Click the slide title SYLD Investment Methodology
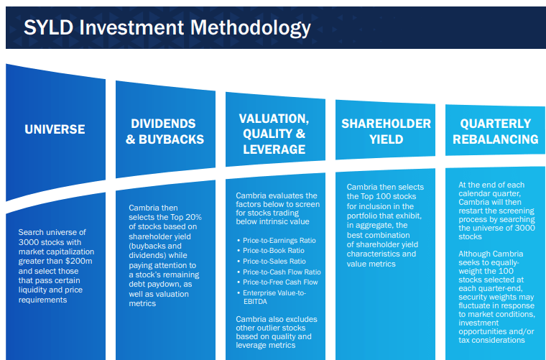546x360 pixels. [167, 28]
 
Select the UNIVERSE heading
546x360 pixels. [55, 129]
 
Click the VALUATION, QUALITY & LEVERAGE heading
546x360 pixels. [274, 134]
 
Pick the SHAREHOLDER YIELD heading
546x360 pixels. [386, 131]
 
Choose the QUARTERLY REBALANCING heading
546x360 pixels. [496, 131]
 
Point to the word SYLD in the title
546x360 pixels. [49, 28]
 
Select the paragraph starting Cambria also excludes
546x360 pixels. [274, 331]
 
